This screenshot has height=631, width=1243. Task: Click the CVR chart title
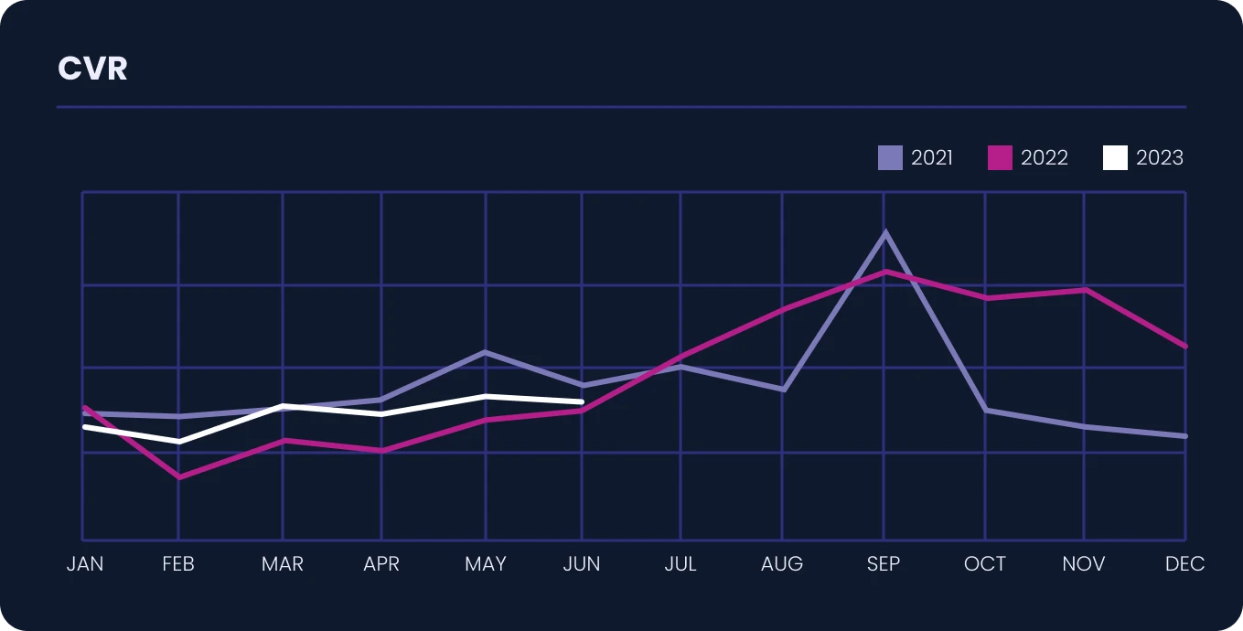tap(92, 69)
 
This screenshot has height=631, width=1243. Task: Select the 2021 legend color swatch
tap(890, 157)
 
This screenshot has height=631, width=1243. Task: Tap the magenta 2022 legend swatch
tap(1000, 157)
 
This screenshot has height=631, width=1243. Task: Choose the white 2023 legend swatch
tap(1115, 157)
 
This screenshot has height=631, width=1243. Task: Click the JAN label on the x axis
tap(85, 564)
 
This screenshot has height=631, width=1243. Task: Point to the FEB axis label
tap(178, 564)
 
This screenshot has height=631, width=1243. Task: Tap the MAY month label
tap(486, 564)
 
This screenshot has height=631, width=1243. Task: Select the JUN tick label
tap(582, 564)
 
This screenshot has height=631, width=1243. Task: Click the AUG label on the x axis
tap(782, 564)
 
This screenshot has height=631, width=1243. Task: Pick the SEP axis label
tap(884, 564)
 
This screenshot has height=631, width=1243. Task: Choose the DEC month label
tap(1184, 564)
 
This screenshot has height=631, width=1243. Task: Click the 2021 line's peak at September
tap(885, 232)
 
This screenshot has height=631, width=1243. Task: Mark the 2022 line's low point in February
tap(178, 477)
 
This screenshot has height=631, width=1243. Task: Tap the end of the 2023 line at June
tap(582, 401)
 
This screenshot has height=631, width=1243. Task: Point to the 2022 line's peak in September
tap(885, 272)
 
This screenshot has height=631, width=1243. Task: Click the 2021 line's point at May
tap(485, 352)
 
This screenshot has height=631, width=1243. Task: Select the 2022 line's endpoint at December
tap(1185, 347)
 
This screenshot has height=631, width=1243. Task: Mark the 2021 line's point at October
tap(985, 410)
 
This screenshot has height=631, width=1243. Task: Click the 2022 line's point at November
tap(1085, 290)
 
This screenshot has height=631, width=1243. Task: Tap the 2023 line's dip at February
tap(178, 442)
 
